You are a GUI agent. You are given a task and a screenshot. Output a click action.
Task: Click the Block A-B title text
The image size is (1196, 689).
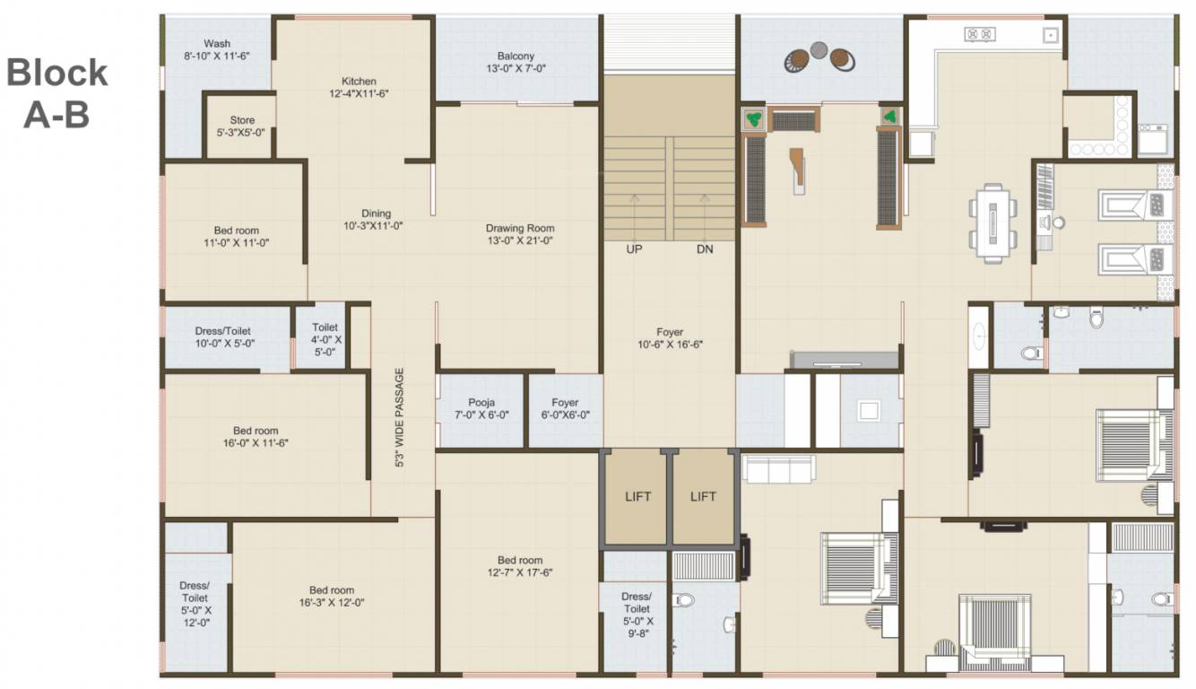pyautogui.click(x=56, y=93)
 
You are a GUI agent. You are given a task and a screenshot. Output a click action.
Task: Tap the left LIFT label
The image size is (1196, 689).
pyautogui.click(x=637, y=496)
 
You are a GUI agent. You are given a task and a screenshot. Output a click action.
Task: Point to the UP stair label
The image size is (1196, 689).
pyautogui.click(x=634, y=249)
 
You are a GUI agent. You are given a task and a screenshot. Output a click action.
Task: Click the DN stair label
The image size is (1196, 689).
pyautogui.click(x=705, y=249)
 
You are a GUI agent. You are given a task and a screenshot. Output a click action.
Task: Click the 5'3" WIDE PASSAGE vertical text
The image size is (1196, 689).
pyautogui.click(x=401, y=418)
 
